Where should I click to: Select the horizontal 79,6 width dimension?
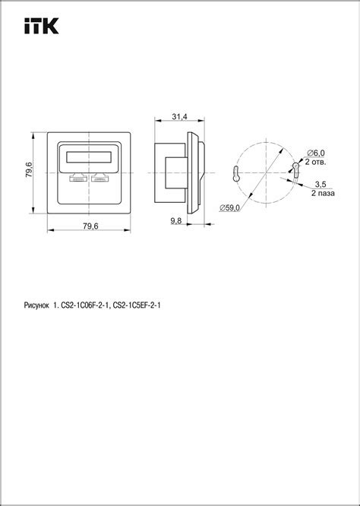[90, 225]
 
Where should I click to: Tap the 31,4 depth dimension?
[180, 116]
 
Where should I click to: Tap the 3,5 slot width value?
[321, 184]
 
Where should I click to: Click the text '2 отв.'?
[316, 162]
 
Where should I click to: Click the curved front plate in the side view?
[197, 171]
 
